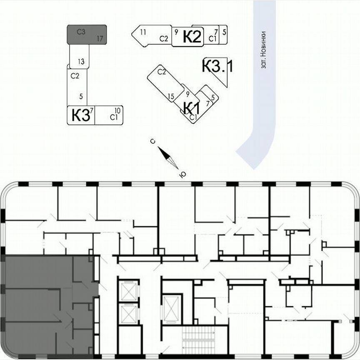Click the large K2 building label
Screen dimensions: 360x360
coord(192,37)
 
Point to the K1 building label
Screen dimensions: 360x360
coord(192,108)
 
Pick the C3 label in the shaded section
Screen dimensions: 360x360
coord(81,31)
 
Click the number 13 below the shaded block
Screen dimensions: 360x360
coord(81,62)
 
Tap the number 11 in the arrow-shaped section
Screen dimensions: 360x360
coord(143,32)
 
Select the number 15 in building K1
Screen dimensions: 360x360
coord(171,97)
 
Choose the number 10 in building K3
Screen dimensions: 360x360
coord(117,110)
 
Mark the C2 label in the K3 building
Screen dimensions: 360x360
coord(75,76)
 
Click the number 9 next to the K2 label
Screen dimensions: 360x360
coord(176,32)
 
